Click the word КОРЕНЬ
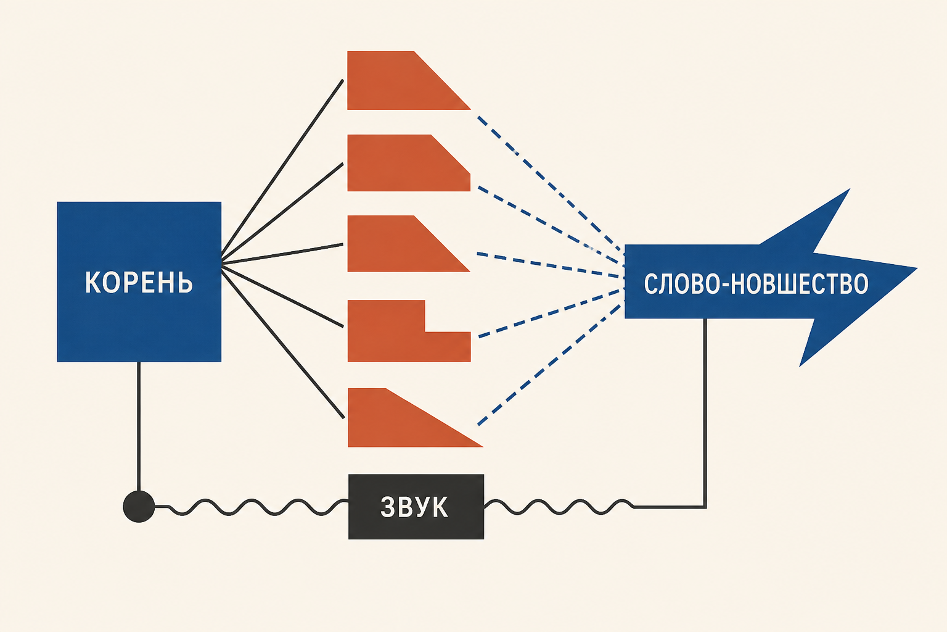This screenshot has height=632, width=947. pyautogui.click(x=139, y=282)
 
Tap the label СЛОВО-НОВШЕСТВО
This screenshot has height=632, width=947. pyautogui.click(x=756, y=284)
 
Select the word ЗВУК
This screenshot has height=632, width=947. pyautogui.click(x=414, y=507)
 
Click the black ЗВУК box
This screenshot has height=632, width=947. pyautogui.click(x=416, y=507)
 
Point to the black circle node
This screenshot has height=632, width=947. pyautogui.click(x=139, y=506)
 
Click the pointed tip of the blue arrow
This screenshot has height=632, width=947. pyautogui.click(x=917, y=268)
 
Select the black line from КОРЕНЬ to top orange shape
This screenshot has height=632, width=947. pyautogui.click(x=282, y=168)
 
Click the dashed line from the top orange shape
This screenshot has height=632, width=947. pyautogui.click(x=551, y=185)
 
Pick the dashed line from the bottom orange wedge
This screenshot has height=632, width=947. pyautogui.click(x=551, y=364)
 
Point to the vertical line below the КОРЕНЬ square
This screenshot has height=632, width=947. pyautogui.click(x=139, y=426)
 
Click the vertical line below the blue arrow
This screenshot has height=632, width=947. pyautogui.click(x=705, y=413)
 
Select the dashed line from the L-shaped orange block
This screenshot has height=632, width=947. pyautogui.click(x=551, y=314)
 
